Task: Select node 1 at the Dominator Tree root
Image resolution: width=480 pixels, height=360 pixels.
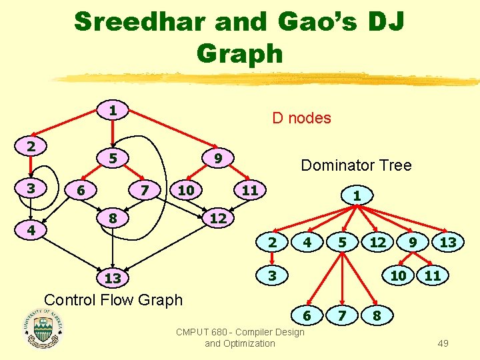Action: pos(357,196)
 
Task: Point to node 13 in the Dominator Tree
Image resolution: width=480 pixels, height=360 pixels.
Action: pos(448,243)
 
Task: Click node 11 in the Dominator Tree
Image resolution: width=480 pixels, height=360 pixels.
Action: pos(433,275)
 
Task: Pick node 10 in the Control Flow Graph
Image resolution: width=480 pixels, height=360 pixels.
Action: pos(186,191)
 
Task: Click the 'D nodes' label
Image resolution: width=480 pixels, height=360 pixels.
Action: pos(301,118)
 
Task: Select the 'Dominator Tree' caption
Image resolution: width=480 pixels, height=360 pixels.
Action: pos(356,165)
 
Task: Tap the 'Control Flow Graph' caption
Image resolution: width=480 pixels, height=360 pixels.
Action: pos(113,299)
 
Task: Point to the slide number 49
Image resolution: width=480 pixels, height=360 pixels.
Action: pos(443,343)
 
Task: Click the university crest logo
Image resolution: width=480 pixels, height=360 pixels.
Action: pos(43,327)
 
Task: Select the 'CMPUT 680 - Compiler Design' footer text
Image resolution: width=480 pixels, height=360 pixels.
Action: pos(240,332)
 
